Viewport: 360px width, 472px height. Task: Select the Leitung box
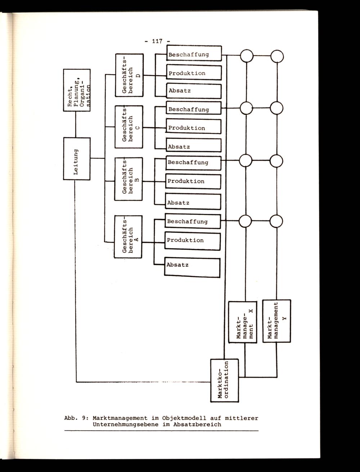(76, 158)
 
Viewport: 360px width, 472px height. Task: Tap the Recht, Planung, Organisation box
(76, 90)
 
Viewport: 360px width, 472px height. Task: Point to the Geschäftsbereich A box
(128, 237)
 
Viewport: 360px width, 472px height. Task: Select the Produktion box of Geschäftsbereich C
(193, 128)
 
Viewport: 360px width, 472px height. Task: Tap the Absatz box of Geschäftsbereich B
(193, 202)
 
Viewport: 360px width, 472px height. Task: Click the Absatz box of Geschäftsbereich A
(192, 267)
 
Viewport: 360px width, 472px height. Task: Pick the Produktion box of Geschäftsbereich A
(193, 241)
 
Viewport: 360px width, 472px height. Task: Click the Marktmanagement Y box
(276, 320)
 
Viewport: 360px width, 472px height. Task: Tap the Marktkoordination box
(224, 380)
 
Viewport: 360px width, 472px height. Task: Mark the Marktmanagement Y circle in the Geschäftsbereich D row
(277, 56)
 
